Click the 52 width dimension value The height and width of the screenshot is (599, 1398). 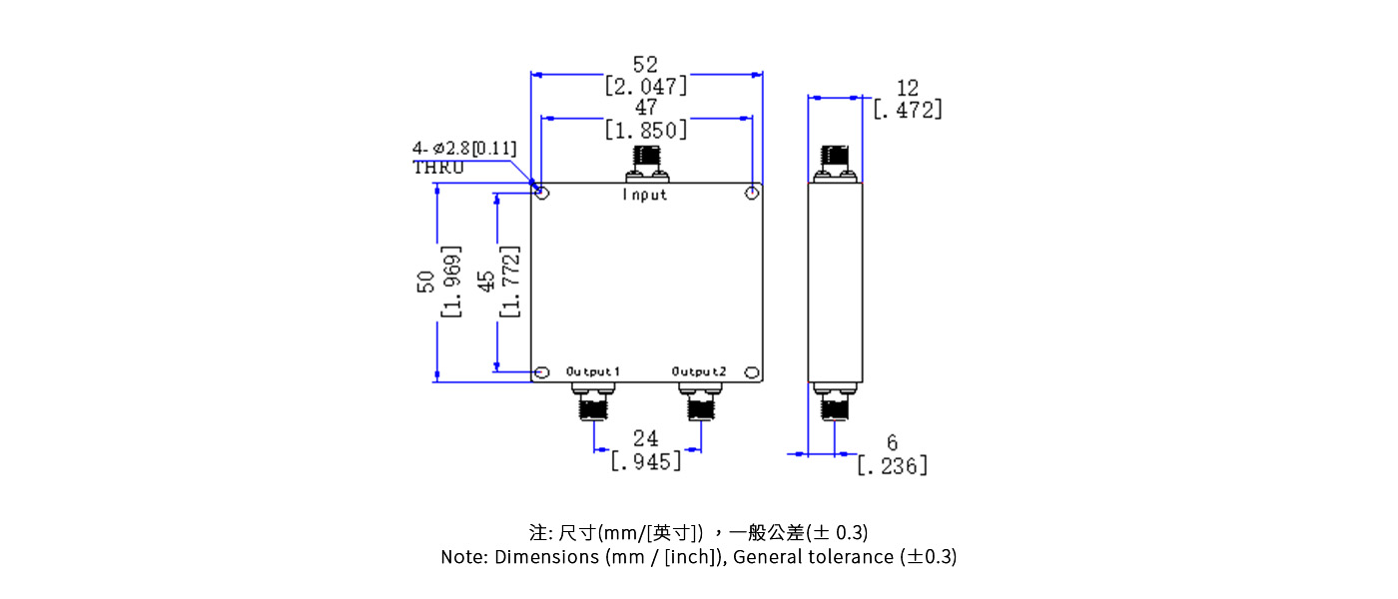[646, 65]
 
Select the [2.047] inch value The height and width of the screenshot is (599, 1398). [646, 87]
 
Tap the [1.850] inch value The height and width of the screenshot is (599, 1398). [646, 130]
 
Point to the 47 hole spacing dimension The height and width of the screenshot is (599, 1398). [646, 108]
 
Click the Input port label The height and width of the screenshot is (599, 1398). [645, 195]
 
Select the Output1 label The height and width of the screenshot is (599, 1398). [593, 371]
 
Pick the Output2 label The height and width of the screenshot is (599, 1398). [699, 371]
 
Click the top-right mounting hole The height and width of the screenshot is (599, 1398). [753, 191]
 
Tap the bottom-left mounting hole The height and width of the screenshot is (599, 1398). [541, 373]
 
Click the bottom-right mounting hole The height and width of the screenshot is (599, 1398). [753, 373]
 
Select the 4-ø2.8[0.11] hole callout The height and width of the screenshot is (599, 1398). [464, 149]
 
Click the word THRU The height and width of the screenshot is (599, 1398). [438, 168]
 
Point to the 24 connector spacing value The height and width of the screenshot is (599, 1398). [646, 439]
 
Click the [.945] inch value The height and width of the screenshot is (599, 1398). [646, 461]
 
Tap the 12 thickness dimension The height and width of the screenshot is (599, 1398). [907, 89]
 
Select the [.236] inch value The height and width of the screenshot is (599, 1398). [892, 465]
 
